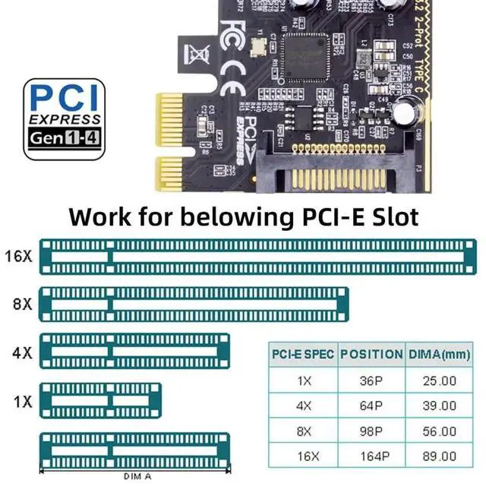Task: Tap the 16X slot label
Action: [x=18, y=256]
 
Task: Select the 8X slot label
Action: [x=22, y=304]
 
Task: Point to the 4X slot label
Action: [x=22, y=352]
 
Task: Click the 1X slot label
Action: [x=22, y=401]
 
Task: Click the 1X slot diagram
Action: [x=100, y=399]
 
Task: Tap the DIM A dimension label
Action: [x=137, y=477]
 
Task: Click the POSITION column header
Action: [x=371, y=355]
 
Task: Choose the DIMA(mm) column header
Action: [x=439, y=355]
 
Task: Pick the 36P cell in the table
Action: [x=371, y=380]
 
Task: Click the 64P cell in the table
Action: [x=371, y=406]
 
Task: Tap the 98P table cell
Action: [x=371, y=431]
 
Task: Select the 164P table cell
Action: [x=371, y=456]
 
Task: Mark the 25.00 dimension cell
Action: [x=439, y=380]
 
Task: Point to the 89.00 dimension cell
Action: [x=439, y=456]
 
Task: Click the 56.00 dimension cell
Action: [x=439, y=431]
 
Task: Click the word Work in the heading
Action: [x=101, y=216]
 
